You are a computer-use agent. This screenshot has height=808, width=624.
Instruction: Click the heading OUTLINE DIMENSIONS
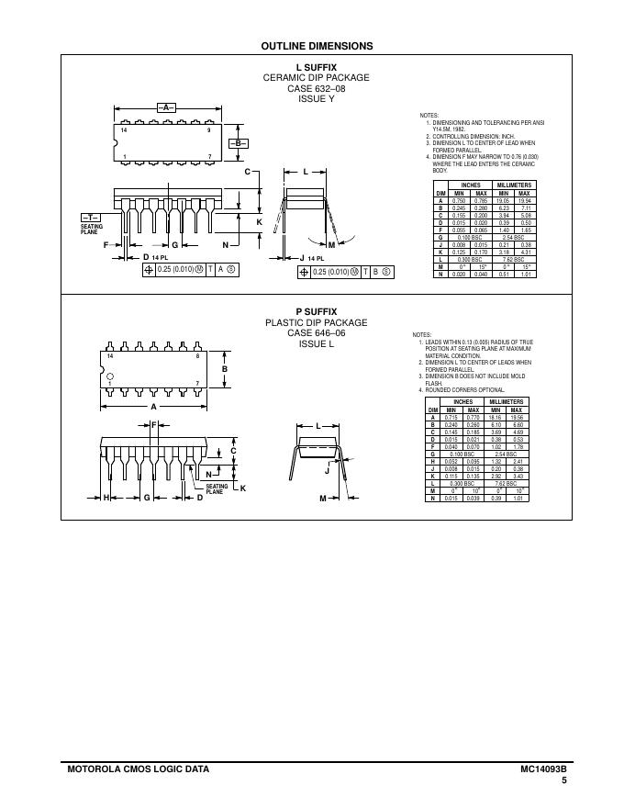(317, 46)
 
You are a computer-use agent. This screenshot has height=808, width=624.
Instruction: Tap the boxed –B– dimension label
(237, 144)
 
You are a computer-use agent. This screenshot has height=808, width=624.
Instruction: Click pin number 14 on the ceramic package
(124, 131)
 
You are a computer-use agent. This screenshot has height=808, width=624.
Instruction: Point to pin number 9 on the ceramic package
(209, 131)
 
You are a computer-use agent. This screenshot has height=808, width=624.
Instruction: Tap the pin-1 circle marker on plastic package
(110, 376)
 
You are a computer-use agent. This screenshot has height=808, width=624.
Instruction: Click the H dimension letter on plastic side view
(106, 498)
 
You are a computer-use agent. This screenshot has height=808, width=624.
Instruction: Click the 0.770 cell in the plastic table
(474, 417)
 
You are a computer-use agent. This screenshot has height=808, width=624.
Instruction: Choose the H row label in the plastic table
(431, 461)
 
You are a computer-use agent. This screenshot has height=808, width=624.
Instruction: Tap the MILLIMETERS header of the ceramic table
(514, 185)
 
